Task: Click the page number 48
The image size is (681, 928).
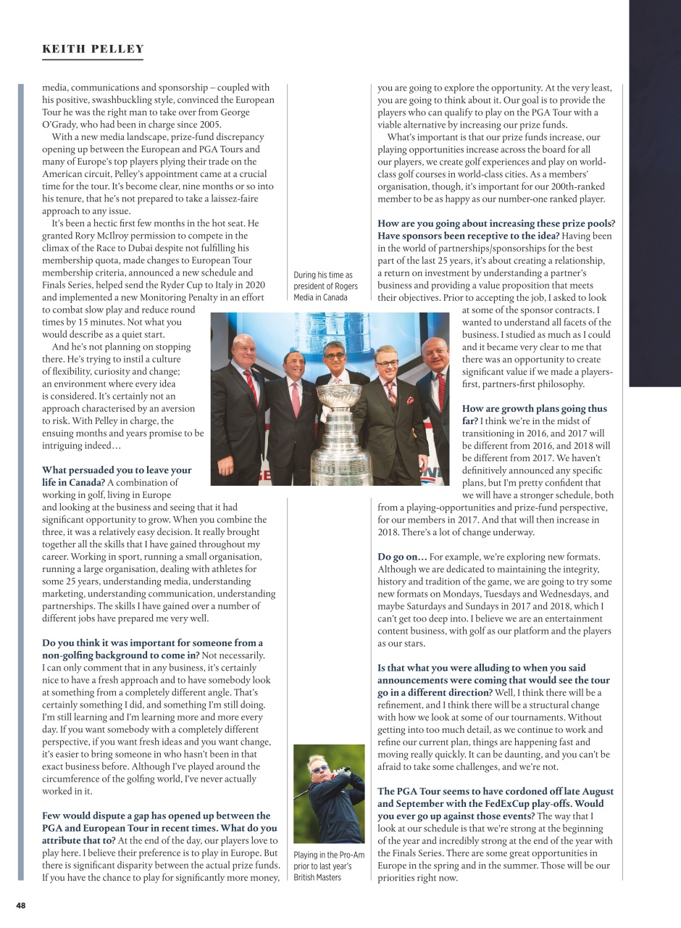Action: [x=21, y=906]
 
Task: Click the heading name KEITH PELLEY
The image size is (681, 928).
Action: [x=93, y=49]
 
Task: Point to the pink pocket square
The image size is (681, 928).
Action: [x=409, y=400]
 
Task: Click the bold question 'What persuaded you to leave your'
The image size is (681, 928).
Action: [x=117, y=470]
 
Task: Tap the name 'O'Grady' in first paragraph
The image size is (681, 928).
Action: [x=65, y=125]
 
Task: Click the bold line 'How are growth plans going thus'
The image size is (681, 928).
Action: [x=534, y=408]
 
